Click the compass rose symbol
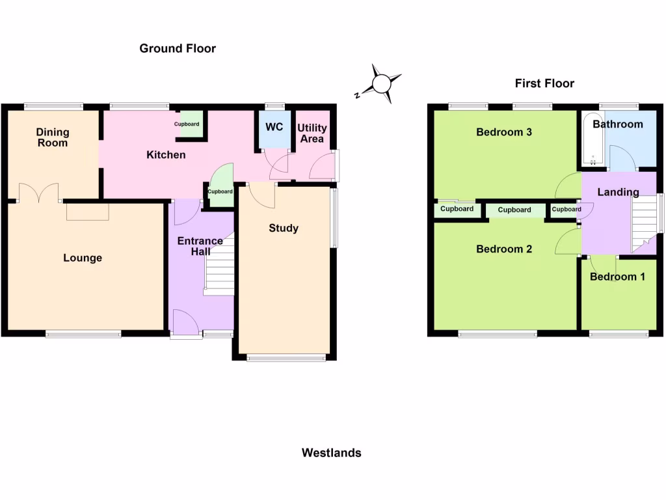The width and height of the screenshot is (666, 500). pyautogui.click(x=380, y=84)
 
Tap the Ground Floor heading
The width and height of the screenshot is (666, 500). pyautogui.click(x=178, y=48)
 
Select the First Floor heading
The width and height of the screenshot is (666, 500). pyautogui.click(x=544, y=83)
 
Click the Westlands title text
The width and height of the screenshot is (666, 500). pyautogui.click(x=331, y=452)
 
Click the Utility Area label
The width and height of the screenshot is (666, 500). pyautogui.click(x=312, y=133)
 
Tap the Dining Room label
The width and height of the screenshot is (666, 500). pyautogui.click(x=53, y=137)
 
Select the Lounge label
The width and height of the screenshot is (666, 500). pyautogui.click(x=83, y=258)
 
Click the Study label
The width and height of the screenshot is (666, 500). pyautogui.click(x=284, y=228)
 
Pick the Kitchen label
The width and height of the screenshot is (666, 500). pyautogui.click(x=166, y=155)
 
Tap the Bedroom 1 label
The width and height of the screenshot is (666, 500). pyautogui.click(x=617, y=277)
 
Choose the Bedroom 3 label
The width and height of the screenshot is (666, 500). pyautogui.click(x=504, y=132)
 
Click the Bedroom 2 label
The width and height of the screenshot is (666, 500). pyautogui.click(x=504, y=249)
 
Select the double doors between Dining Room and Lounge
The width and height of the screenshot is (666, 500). pyautogui.click(x=39, y=193)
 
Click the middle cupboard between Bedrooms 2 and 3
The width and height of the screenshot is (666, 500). pyautogui.click(x=514, y=210)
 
